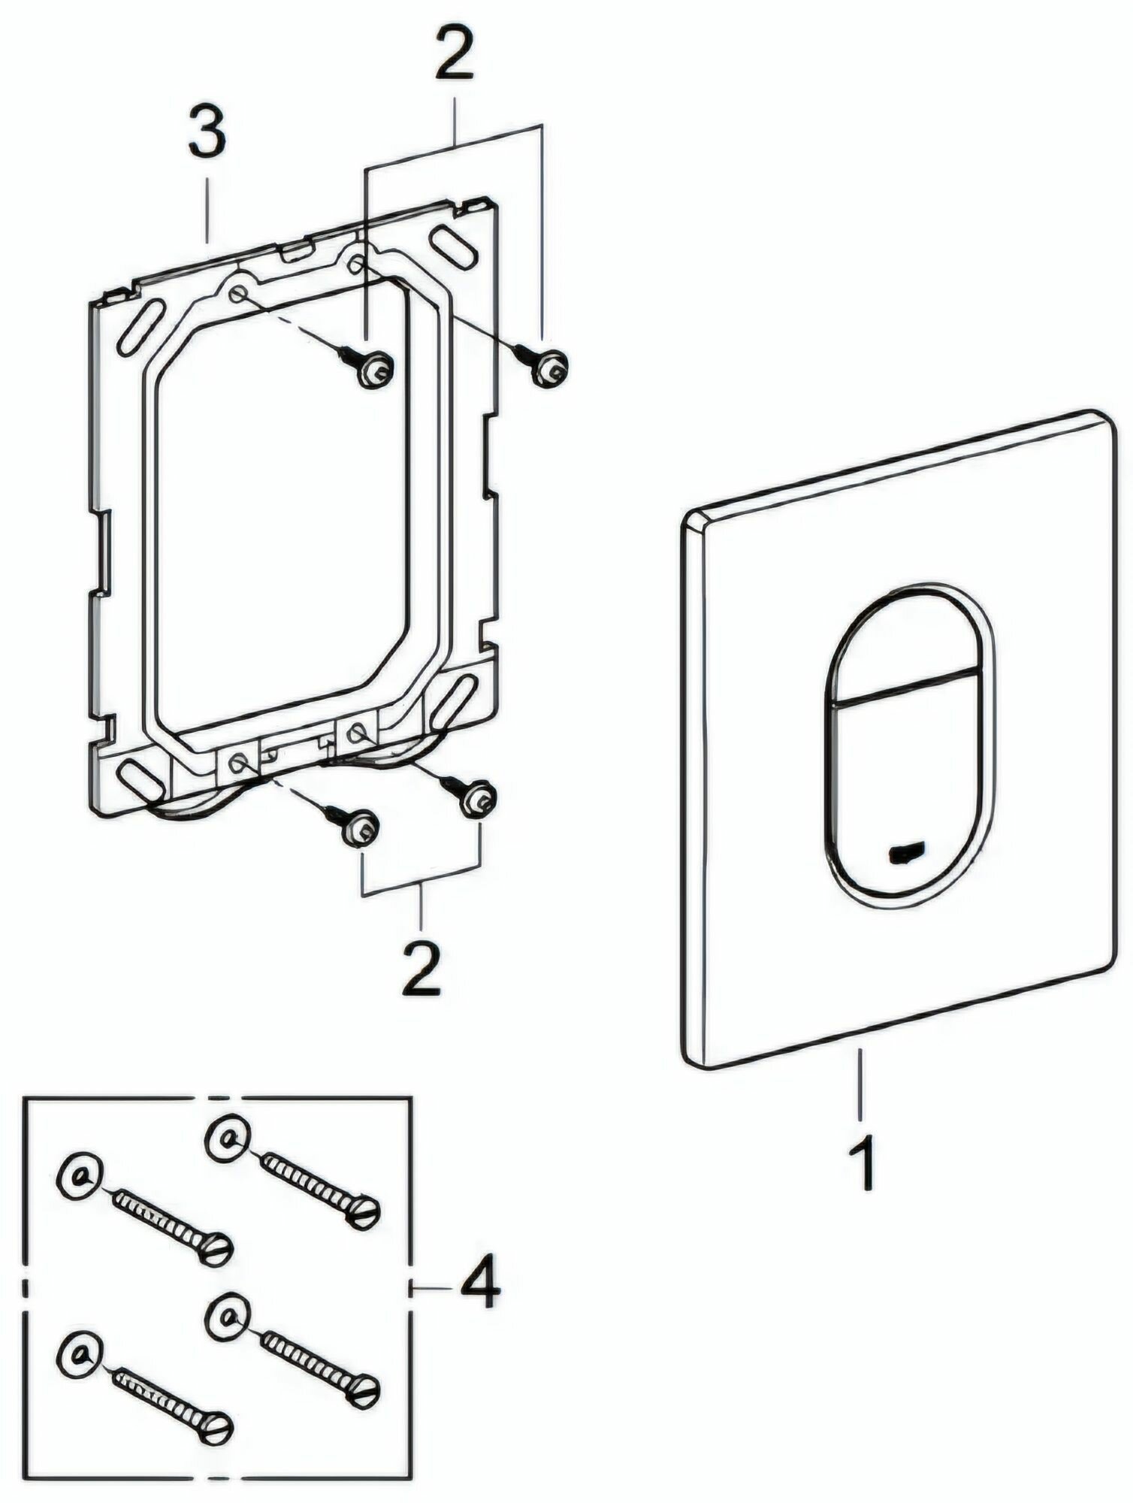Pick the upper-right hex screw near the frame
[549, 367]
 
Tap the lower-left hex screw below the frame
[360, 828]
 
